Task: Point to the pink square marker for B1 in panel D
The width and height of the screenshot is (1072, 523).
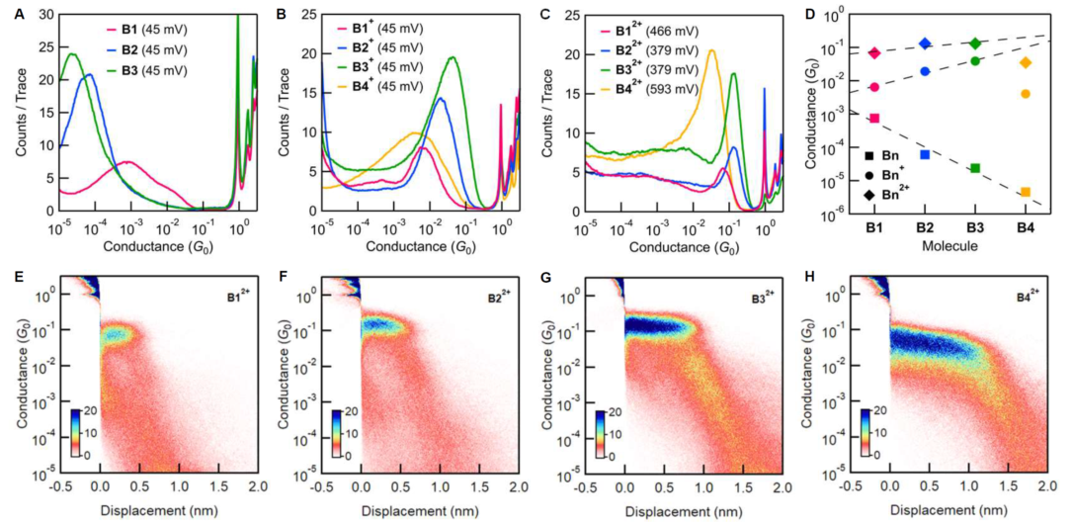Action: click(873, 119)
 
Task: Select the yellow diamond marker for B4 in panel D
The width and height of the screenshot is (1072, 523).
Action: click(1026, 62)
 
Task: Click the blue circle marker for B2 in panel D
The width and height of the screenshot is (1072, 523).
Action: click(925, 71)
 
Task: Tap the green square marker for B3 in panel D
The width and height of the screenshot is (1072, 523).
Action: click(975, 168)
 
